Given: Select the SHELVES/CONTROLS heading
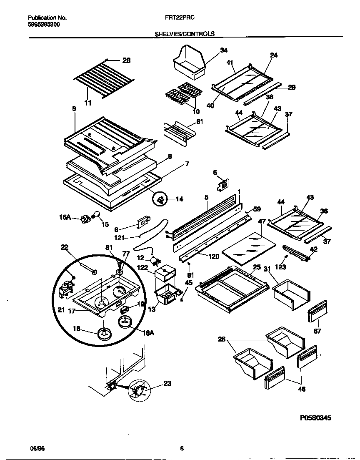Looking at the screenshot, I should (185, 34).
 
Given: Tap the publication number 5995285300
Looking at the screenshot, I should (44, 25).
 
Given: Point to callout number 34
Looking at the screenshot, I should (224, 50).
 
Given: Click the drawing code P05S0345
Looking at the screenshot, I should (315, 417).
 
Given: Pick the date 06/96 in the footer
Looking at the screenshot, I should (37, 449).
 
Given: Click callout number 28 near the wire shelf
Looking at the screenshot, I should (127, 60).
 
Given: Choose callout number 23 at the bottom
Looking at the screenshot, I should (167, 384).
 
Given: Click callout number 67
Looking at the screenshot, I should (317, 331).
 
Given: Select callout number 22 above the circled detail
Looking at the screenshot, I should (64, 248).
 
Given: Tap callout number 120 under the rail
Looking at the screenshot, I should (214, 256).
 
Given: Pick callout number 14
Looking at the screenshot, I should (179, 199).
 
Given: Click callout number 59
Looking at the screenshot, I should (257, 209).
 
